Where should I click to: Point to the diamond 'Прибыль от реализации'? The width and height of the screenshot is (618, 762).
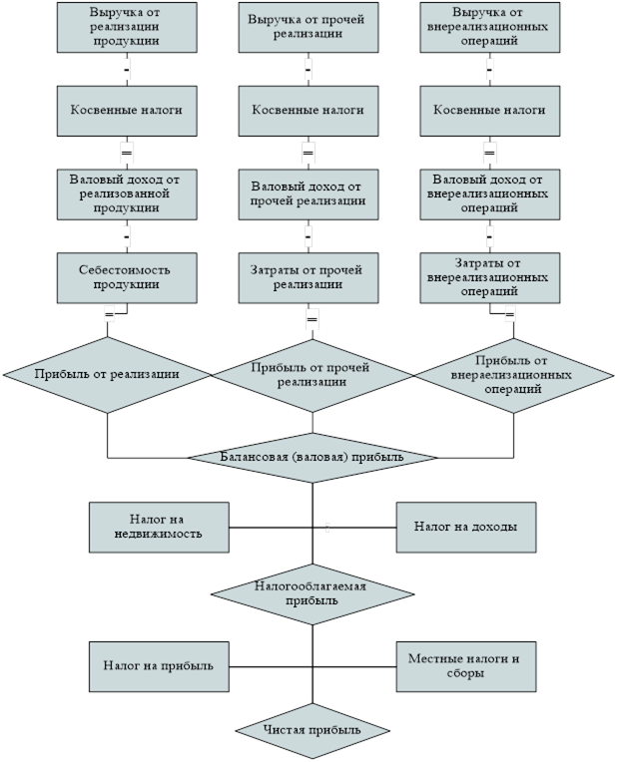(107, 374)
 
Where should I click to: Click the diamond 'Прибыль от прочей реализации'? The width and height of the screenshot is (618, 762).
(312, 374)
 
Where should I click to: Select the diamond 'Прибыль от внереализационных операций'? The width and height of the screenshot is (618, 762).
(514, 374)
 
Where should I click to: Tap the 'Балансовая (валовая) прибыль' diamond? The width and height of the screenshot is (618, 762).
(312, 457)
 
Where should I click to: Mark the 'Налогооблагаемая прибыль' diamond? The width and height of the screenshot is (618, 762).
(311, 592)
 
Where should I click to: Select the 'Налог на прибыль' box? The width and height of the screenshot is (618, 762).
(159, 666)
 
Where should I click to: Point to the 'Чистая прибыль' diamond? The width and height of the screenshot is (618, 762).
(311, 731)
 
